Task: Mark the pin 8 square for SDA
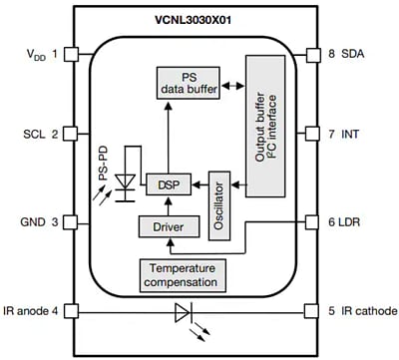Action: (x=321, y=54)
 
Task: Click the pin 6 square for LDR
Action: (x=321, y=223)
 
